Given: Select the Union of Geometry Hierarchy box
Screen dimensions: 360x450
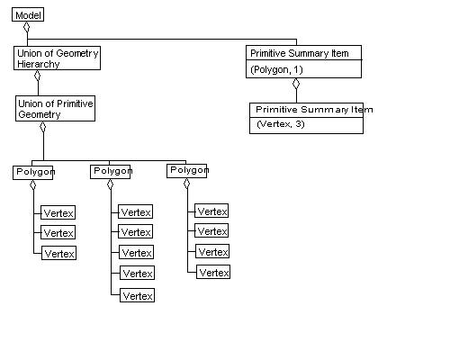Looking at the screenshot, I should click(x=57, y=58).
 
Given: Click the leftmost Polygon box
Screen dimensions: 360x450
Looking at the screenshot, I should click(x=34, y=171).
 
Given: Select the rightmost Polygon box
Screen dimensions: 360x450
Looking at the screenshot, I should click(x=187, y=170).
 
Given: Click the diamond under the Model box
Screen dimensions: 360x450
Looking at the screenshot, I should click(x=27, y=28).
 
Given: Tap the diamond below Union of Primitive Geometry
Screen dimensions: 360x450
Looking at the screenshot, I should click(x=42, y=127).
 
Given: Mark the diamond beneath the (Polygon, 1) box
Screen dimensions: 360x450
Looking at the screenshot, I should click(x=297, y=84).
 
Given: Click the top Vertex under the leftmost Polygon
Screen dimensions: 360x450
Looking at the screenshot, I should click(x=58, y=212).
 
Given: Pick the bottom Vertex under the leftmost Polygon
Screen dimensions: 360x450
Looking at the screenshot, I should click(x=58, y=253).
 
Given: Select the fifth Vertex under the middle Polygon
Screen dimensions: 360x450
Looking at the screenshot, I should click(x=137, y=295).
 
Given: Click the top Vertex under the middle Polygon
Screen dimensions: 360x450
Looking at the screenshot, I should click(x=137, y=212).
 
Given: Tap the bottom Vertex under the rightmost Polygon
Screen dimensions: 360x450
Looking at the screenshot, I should click(x=212, y=272).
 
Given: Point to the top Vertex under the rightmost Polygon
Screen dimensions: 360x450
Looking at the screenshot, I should click(x=212, y=211).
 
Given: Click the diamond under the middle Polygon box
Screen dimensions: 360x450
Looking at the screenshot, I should click(x=110, y=184).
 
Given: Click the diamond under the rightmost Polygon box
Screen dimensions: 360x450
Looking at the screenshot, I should click(x=187, y=184).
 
